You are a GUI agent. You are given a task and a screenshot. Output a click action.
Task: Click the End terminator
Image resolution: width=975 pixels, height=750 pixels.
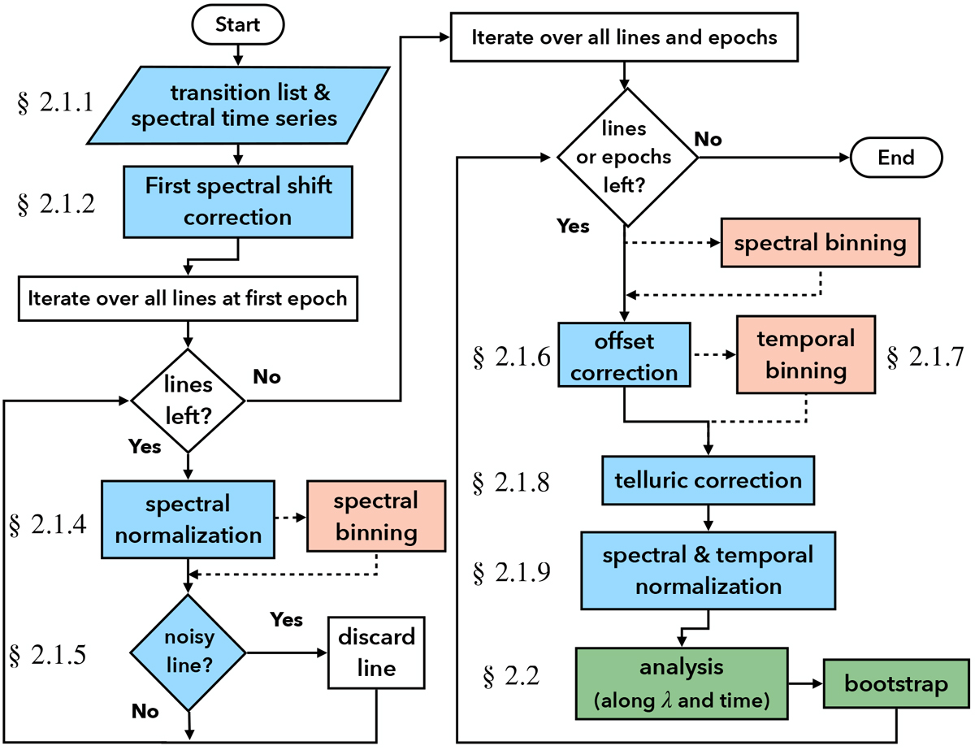click(x=895, y=157)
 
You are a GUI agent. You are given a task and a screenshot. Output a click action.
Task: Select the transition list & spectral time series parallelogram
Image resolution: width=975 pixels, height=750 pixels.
click(x=236, y=106)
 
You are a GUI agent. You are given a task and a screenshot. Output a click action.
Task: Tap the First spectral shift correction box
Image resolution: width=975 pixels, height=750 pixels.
click(x=237, y=202)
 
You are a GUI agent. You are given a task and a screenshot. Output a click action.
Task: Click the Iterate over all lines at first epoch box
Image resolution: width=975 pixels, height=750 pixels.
click(x=188, y=297)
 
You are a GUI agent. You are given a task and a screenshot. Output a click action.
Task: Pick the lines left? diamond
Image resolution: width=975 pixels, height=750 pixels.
click(x=188, y=399)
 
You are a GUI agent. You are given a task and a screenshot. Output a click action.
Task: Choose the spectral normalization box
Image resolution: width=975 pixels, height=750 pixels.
click(x=188, y=519)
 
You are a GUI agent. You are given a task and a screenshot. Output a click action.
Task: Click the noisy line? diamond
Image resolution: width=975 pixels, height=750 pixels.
click(x=188, y=652)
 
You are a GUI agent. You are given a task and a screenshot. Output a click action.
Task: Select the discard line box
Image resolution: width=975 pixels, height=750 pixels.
click(x=375, y=652)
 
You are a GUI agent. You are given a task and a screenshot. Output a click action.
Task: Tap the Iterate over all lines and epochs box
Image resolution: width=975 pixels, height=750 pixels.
click(x=624, y=37)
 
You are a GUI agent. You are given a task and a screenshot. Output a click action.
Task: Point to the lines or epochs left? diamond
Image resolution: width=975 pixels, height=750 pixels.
click(x=626, y=157)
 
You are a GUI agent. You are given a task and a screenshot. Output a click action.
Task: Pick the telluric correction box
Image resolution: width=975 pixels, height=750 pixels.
click(x=708, y=479)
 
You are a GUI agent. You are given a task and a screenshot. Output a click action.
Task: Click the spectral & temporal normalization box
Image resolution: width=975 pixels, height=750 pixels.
click(x=708, y=570)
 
